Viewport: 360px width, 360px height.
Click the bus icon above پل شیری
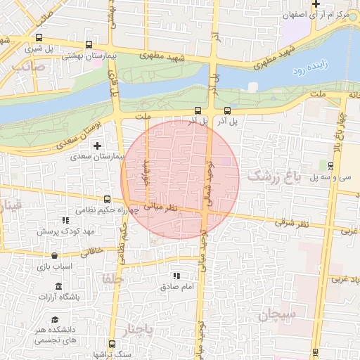[x=38, y=38]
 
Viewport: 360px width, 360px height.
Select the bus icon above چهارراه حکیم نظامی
[x=107, y=199]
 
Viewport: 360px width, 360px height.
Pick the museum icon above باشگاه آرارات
[x=58, y=287]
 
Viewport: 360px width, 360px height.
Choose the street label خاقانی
[x=94, y=250]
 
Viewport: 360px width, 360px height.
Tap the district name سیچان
[x=263, y=316]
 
